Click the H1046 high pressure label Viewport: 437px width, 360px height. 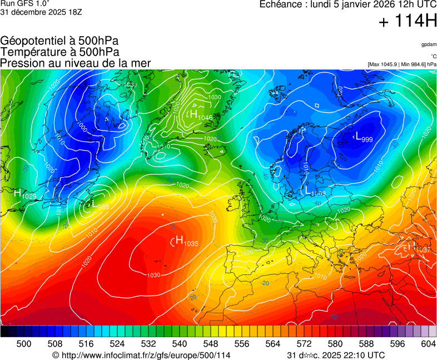201,116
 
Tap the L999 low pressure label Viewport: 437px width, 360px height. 364,138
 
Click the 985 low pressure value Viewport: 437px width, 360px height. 103,207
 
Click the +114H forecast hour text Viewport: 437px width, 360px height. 407,22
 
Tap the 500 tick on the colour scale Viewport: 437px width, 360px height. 24,344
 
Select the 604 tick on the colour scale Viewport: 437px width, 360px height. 428,344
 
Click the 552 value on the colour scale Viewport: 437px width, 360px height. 211,344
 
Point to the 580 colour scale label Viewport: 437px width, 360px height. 335,344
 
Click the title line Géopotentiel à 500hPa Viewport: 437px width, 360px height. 59,41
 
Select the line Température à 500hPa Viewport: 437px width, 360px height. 59,52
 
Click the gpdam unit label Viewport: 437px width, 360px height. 428,44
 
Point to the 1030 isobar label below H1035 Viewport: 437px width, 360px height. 154,275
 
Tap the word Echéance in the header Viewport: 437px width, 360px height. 281,4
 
